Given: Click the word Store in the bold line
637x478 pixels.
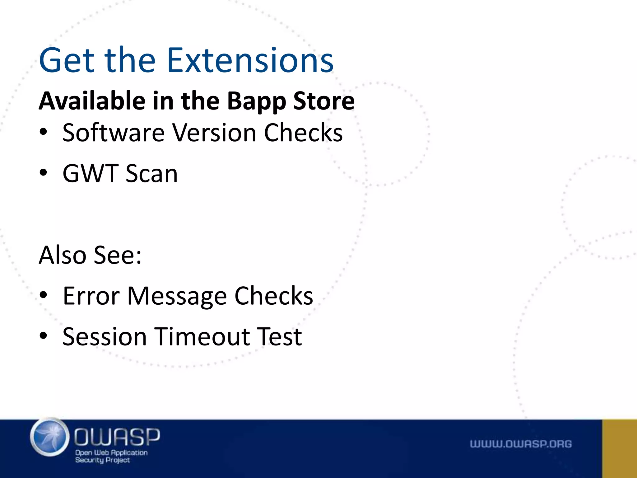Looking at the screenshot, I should (323, 101).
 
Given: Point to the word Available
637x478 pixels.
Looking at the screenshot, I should (92, 101).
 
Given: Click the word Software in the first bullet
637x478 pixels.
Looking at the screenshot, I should (113, 133).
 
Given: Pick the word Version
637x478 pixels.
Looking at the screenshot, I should (214, 133).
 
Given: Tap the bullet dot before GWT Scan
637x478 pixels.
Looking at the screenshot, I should (44, 173).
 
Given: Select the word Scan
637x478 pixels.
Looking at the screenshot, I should (151, 173).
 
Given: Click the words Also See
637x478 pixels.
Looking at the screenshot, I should (90, 255).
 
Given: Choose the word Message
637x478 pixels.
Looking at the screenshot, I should (177, 297).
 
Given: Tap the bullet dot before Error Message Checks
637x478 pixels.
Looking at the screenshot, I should (44, 295).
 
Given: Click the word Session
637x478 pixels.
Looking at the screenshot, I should (105, 337).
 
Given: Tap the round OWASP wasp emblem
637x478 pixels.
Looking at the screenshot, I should (50, 437).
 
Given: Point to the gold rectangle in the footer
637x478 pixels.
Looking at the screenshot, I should (619, 448).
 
